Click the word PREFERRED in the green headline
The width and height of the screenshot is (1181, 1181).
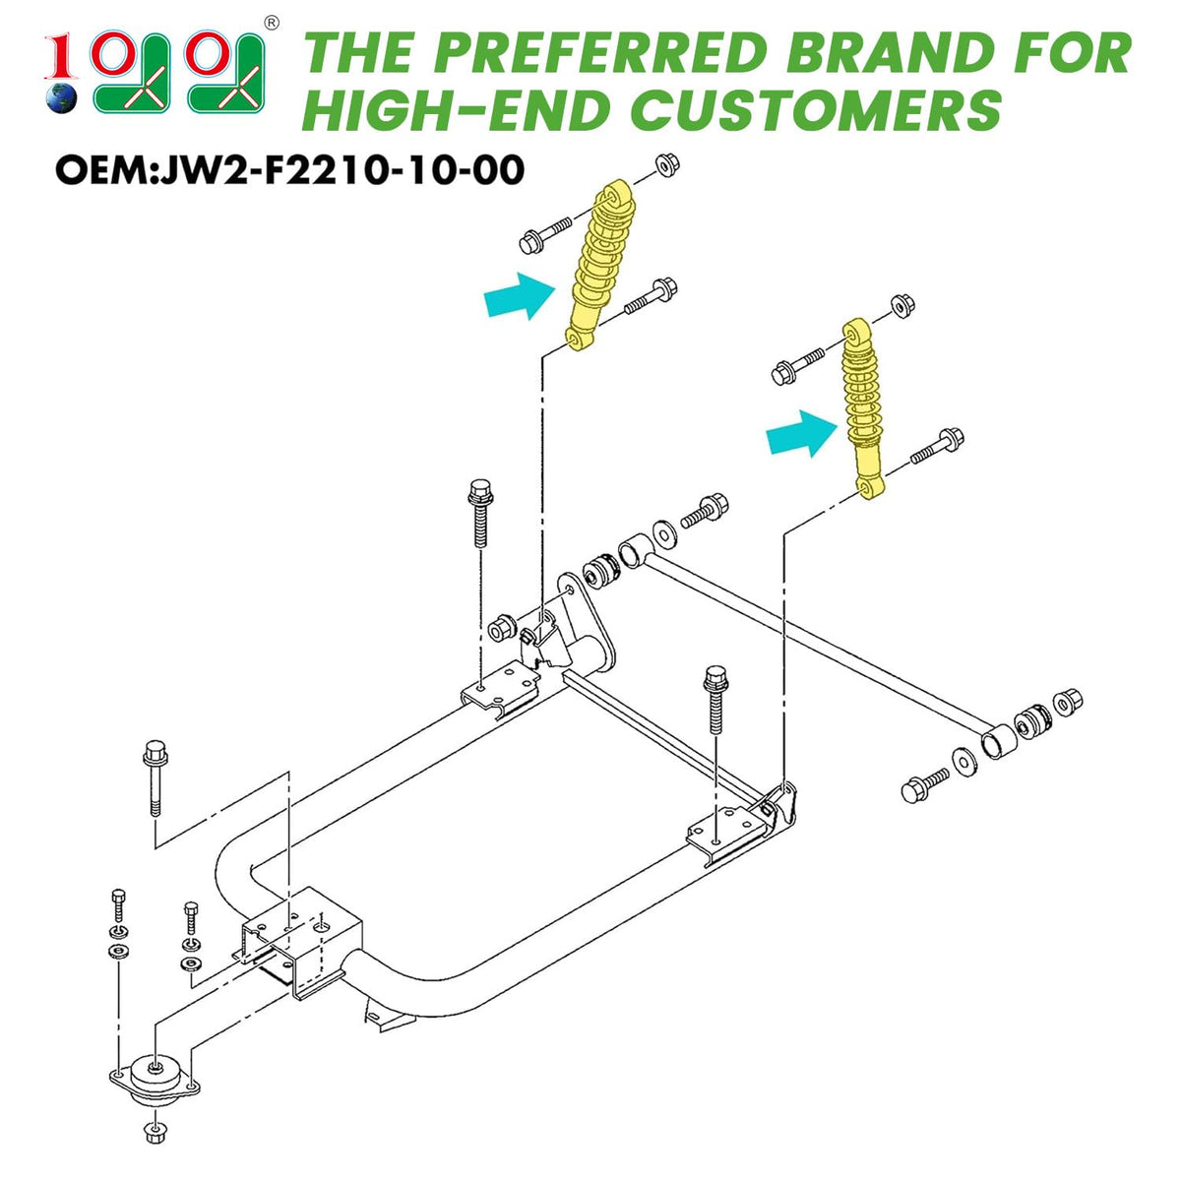click(599, 53)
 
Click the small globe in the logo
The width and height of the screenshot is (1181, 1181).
click(62, 97)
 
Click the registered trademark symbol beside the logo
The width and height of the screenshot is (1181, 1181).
click(271, 24)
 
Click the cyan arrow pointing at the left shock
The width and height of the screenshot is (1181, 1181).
click(519, 296)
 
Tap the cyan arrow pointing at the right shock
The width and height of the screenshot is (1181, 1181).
click(801, 433)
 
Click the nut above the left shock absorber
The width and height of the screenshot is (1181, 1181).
click(667, 165)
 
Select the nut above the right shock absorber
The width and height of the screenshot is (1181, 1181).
click(901, 305)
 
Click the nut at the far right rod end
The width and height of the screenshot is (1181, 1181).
click(1067, 701)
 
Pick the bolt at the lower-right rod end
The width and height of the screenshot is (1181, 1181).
click(924, 786)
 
